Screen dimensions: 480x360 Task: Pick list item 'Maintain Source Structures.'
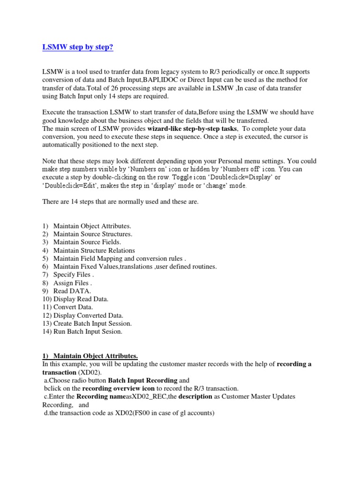[92, 234]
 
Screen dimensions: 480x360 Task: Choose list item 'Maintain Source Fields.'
[87, 242]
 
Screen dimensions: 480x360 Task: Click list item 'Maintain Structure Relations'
[94, 250]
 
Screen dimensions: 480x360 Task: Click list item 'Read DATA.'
[72, 291]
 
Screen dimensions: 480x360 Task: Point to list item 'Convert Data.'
[73, 307]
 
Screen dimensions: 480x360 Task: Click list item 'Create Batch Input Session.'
[92, 323]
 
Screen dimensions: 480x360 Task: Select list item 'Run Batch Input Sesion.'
[88, 331]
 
